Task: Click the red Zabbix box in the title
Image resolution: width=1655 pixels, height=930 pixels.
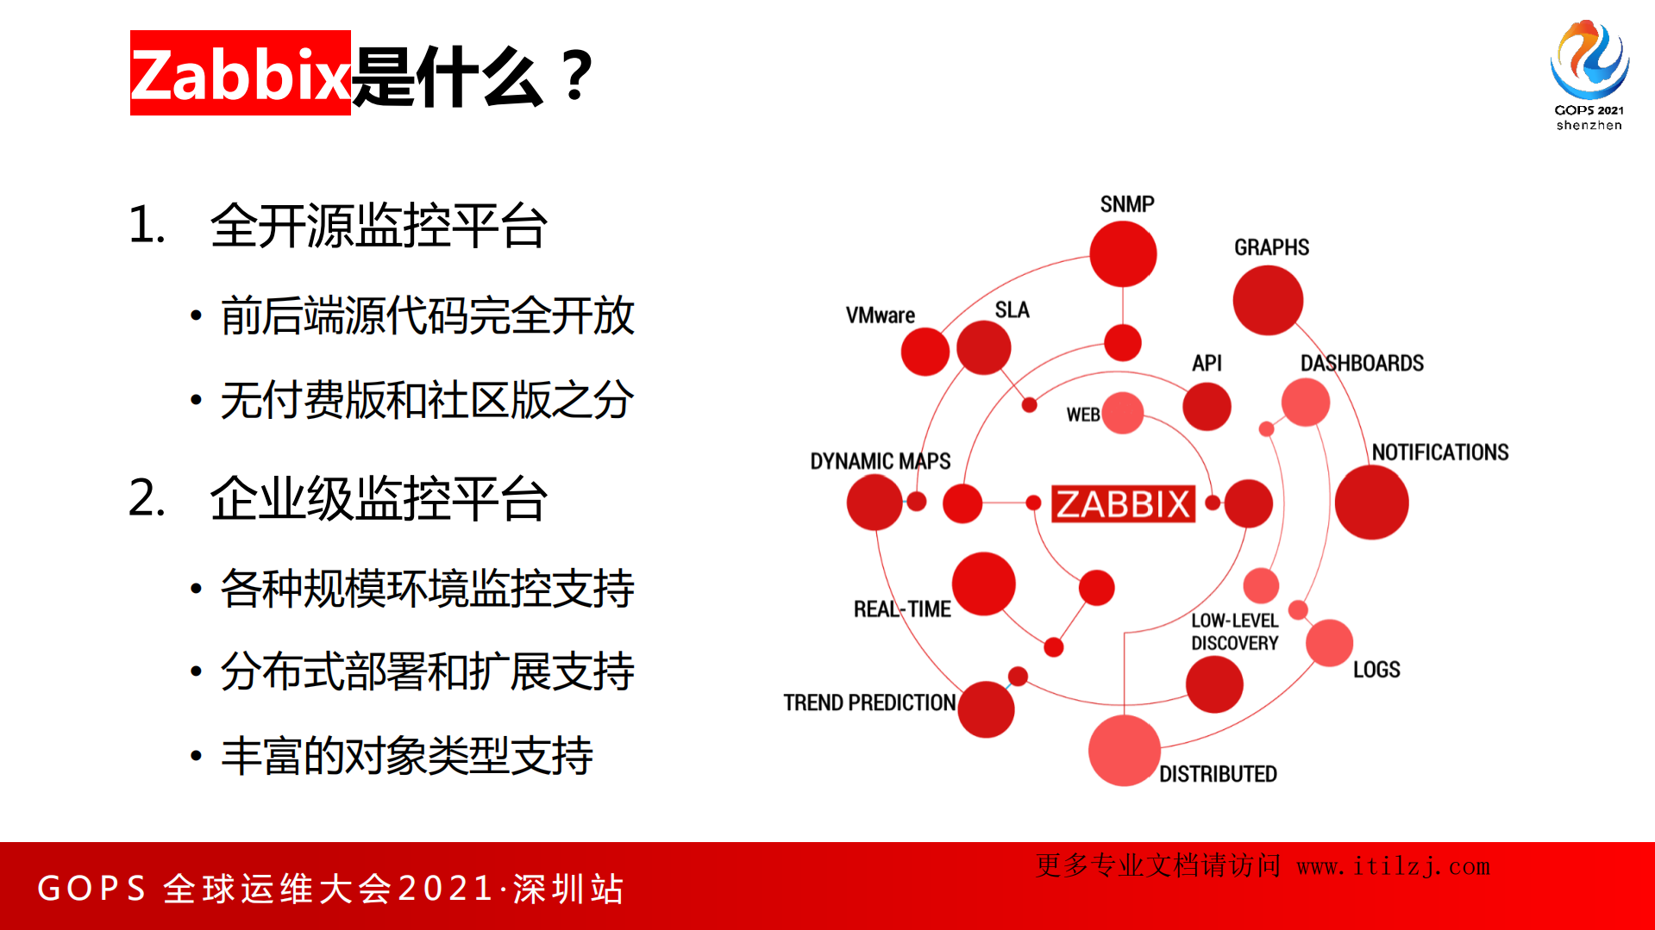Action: (x=240, y=73)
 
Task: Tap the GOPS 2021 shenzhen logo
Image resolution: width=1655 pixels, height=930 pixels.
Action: (x=1589, y=75)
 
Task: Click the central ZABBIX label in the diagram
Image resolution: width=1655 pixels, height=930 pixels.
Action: (x=1123, y=504)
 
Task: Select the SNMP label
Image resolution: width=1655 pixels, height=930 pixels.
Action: (x=1126, y=204)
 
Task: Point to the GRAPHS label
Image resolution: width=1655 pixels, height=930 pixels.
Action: (x=1271, y=247)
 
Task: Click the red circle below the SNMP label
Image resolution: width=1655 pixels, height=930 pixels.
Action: (x=1123, y=254)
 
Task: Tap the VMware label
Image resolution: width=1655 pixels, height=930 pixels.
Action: (x=880, y=315)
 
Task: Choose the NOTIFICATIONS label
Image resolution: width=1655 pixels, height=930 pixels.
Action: (x=1439, y=453)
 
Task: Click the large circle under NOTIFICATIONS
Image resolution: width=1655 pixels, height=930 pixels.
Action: (x=1371, y=502)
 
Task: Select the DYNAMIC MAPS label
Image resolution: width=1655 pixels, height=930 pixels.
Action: (x=880, y=461)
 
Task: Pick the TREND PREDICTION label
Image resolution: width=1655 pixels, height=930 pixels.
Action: (x=869, y=703)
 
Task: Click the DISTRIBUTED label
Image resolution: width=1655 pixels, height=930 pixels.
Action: (x=1217, y=774)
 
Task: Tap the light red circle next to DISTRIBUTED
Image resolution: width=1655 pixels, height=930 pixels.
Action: (x=1124, y=750)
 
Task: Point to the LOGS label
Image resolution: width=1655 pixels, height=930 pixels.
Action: (x=1376, y=670)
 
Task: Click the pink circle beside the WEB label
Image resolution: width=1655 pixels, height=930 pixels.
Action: (x=1122, y=413)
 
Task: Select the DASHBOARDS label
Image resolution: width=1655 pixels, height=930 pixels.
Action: (x=1362, y=364)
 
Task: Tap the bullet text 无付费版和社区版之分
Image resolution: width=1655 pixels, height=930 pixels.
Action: (x=427, y=401)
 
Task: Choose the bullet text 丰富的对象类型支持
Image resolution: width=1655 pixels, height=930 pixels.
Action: (x=406, y=756)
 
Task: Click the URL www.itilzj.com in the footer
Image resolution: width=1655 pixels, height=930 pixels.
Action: (x=1393, y=866)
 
